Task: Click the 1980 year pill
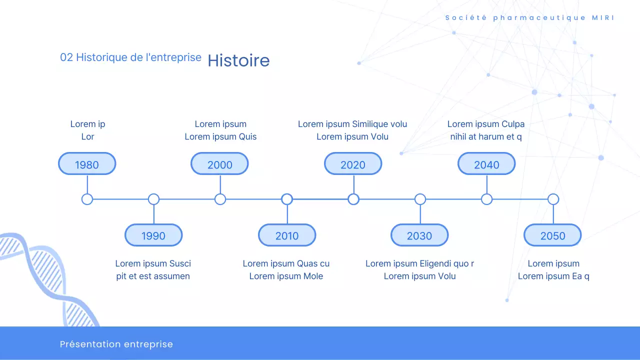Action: coord(87,163)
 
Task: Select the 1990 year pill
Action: coord(153,235)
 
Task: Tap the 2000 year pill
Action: coord(219,163)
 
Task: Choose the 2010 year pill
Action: coord(287,235)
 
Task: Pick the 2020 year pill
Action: coord(353,163)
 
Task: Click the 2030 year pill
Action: coord(419,235)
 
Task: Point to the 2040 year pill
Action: coord(486,163)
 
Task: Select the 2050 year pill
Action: coord(552,235)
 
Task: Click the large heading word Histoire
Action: coord(238,60)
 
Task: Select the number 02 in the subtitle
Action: coord(66,57)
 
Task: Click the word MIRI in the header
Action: coord(603,17)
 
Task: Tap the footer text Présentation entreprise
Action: coord(116,344)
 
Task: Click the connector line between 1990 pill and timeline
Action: coord(154,214)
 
